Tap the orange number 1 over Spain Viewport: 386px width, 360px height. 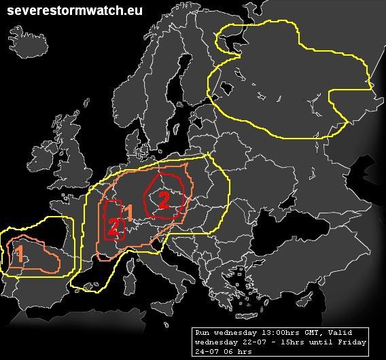pyautogui.click(x=20, y=255)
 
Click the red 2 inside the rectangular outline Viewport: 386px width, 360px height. pyautogui.click(x=113, y=228)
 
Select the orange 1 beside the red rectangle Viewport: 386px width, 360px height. pyautogui.click(x=128, y=212)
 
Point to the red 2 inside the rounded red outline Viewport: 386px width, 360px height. pyautogui.click(x=164, y=199)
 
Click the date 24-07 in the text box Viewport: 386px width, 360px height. pyautogui.click(x=206, y=351)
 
